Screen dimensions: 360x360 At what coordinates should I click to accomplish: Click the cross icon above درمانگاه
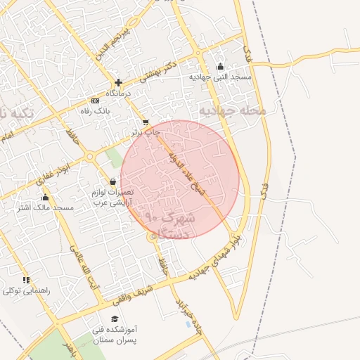click(118, 82)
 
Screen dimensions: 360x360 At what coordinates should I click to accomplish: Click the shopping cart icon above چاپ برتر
click(146, 122)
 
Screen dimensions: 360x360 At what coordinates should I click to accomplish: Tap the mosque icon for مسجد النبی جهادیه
click(220, 67)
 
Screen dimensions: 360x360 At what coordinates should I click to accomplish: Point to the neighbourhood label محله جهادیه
click(232, 110)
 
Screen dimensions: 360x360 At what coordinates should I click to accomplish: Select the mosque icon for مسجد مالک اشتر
click(46, 198)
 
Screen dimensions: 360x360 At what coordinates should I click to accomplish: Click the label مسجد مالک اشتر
click(45, 208)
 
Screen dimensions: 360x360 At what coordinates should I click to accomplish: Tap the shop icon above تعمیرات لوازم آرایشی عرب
click(112, 182)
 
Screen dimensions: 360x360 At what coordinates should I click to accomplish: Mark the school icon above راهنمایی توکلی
click(26, 281)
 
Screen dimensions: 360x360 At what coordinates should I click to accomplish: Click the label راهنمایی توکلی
click(25, 291)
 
